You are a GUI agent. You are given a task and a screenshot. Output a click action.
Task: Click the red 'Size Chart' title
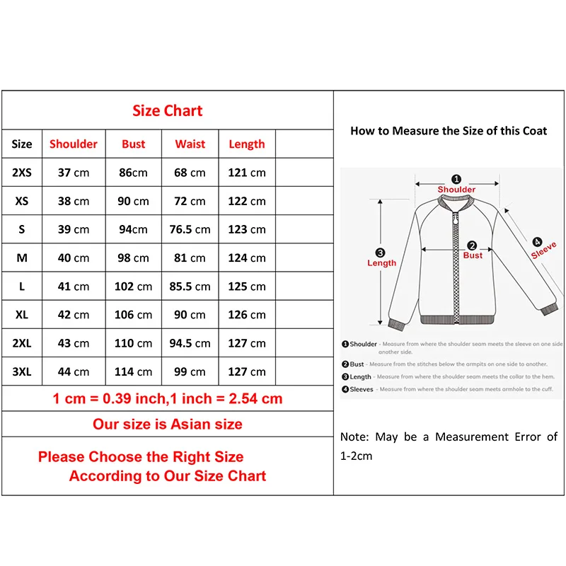coord(167,111)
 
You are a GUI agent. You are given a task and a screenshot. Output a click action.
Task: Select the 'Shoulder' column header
coord(74,144)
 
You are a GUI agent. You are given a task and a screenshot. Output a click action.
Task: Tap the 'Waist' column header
coord(190,144)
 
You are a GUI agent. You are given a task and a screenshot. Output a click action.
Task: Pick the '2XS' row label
coord(22,173)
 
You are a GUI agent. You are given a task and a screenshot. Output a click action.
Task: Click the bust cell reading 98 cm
coord(133,258)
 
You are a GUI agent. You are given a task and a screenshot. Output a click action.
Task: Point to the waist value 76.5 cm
coord(190,229)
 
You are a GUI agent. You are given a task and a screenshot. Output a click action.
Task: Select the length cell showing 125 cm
coord(247,287)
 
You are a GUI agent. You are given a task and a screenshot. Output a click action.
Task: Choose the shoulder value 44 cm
coord(74,371)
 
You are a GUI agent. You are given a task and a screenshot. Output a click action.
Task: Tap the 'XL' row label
coord(22,315)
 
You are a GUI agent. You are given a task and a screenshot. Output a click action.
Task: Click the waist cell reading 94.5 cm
coord(190,343)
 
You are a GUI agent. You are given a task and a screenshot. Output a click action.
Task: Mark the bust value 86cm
coord(133,173)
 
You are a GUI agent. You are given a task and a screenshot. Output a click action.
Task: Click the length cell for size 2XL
coord(247,343)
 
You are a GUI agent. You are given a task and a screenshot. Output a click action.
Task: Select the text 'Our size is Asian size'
coord(167,424)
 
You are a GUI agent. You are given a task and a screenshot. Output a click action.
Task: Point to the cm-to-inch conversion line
coord(167,398)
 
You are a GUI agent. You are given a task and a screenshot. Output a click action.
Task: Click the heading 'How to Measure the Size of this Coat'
coord(449,131)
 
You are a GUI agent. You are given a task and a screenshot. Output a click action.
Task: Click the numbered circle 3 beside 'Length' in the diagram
coord(381,253)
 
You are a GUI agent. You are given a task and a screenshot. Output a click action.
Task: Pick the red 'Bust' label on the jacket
coord(473,255)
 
